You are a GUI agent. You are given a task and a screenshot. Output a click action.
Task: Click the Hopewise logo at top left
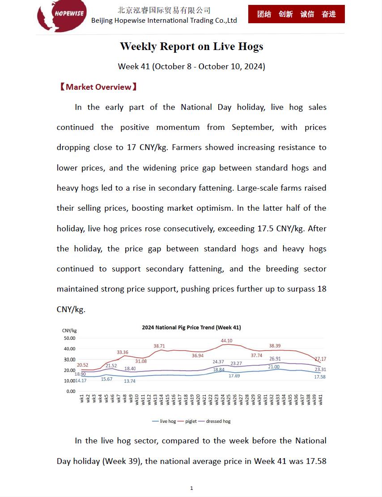(62, 16)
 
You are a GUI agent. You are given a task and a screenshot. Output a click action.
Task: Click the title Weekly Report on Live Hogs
(191, 46)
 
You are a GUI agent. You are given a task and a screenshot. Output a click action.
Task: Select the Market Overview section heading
(98, 87)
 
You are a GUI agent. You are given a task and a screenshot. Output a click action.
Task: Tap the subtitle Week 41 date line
(191, 67)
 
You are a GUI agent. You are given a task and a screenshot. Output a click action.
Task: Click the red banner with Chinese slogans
(296, 14)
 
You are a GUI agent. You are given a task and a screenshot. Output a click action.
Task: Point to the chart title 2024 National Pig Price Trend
(191, 327)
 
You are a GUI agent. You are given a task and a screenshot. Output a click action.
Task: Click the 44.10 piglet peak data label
(227, 341)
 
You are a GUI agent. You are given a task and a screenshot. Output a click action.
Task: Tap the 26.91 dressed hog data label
(275, 359)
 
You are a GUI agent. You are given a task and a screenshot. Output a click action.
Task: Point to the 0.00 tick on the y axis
(71, 391)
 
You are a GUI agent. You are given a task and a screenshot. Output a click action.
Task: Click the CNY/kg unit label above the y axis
(69, 330)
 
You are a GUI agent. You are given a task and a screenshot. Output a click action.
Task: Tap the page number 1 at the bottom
(191, 488)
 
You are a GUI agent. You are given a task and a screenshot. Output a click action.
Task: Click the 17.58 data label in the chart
(320, 377)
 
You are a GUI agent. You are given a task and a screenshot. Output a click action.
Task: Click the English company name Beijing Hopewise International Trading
(164, 21)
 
